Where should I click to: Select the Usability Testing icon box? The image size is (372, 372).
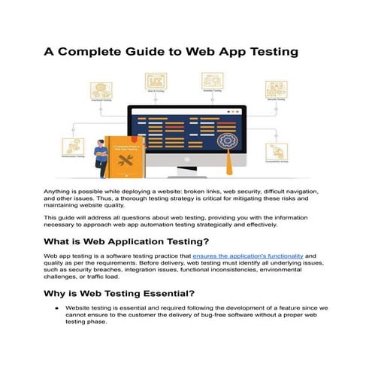click(213, 80)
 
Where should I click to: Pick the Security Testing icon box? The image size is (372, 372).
click(274, 86)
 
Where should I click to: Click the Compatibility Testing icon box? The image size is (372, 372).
click(276, 153)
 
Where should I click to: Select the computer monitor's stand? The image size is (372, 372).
click(186, 166)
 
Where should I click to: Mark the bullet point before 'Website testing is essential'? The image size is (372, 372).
click(56, 309)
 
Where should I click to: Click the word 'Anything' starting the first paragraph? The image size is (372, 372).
click(58, 192)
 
